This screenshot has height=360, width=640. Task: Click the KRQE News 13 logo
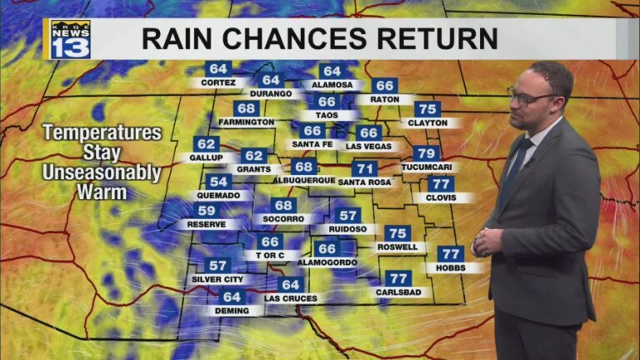point(70,39)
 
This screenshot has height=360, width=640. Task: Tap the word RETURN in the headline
point(438,38)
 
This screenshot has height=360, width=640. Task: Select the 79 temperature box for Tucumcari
point(427,153)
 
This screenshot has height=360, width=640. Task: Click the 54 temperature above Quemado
point(219,182)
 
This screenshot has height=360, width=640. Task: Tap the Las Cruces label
point(289,297)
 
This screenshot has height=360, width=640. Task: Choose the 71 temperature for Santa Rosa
point(364,168)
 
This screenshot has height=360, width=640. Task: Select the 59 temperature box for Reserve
point(207,211)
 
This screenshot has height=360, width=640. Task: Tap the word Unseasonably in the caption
point(102,173)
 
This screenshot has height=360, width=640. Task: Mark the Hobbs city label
point(450,268)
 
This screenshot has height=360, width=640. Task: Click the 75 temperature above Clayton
point(427,109)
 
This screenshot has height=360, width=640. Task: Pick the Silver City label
point(217,279)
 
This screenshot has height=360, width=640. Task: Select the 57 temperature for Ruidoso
point(347,215)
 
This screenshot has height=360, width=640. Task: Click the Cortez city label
point(217,82)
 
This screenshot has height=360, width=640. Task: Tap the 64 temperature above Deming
point(232,297)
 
